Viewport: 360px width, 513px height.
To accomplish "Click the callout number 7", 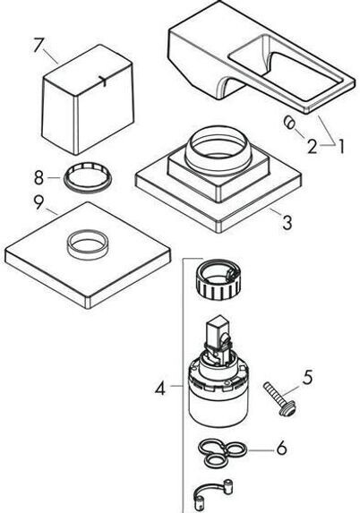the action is (38, 45).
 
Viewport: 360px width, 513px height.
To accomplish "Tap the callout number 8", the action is (39, 177).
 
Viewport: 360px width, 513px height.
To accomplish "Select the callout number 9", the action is (39, 202).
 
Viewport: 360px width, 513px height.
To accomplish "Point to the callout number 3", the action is (287, 223).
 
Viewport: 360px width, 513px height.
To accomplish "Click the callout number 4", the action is (160, 389).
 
